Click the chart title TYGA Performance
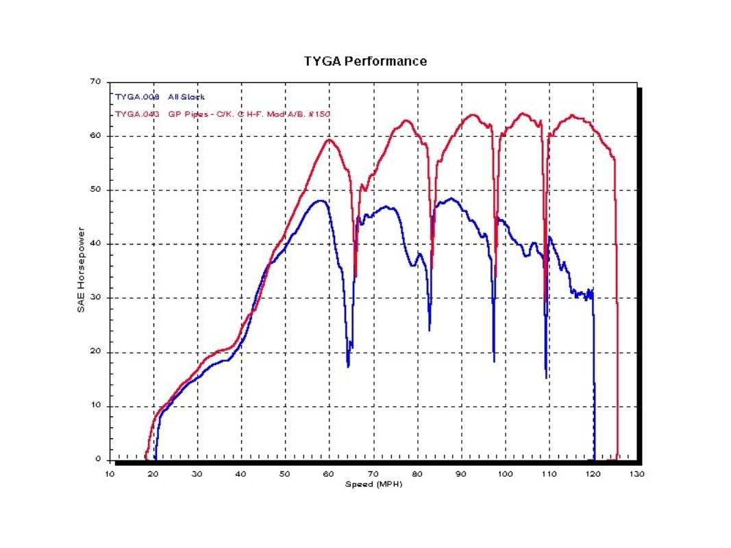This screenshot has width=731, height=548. point(365,61)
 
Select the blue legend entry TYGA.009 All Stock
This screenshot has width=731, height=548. point(160,97)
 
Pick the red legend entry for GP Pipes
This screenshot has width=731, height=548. point(223,114)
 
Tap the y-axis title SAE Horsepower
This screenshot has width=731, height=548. point(81,271)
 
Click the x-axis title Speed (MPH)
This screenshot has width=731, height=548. point(373,484)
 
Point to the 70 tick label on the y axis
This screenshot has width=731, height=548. point(96,82)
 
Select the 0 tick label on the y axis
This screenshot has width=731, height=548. point(99,460)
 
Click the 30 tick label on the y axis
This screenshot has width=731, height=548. point(96,298)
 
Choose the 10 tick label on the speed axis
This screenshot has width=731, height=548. point(110,474)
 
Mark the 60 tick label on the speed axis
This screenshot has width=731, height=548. point(329,474)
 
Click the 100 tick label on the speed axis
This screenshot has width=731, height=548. point(505,474)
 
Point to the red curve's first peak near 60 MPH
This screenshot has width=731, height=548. point(329,140)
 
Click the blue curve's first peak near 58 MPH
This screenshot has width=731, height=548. point(320,200)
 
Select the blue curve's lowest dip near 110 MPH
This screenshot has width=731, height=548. point(546,377)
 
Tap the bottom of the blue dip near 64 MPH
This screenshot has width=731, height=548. point(348,366)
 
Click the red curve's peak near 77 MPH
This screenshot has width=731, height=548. point(406,121)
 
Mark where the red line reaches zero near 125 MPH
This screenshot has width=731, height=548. point(617,459)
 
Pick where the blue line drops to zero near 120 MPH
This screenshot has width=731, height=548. point(594,459)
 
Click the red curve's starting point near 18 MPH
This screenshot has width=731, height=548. point(145,458)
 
